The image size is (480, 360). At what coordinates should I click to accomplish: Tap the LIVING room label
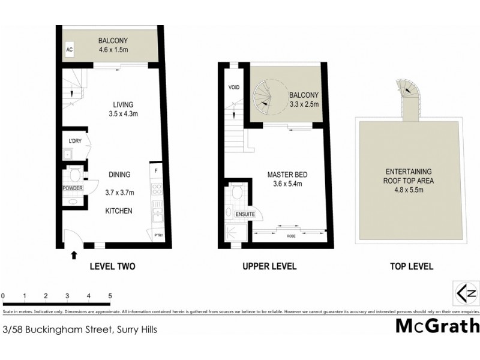pyautogui.click(x=114, y=104)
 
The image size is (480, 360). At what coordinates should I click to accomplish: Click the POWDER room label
pyautogui.click(x=73, y=188)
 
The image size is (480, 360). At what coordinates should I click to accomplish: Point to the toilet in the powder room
pyautogui.click(x=75, y=176)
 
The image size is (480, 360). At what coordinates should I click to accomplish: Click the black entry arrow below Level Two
pyautogui.click(x=74, y=254)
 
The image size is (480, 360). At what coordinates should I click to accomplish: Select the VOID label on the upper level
pyautogui.click(x=234, y=88)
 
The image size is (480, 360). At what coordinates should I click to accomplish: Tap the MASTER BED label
pyautogui.click(x=287, y=175)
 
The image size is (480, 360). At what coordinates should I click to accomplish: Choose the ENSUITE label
pyautogui.click(x=245, y=214)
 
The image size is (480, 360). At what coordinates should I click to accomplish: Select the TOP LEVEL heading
pyautogui.click(x=411, y=266)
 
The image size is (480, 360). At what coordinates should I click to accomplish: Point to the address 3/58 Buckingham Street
pyautogui.click(x=80, y=329)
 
